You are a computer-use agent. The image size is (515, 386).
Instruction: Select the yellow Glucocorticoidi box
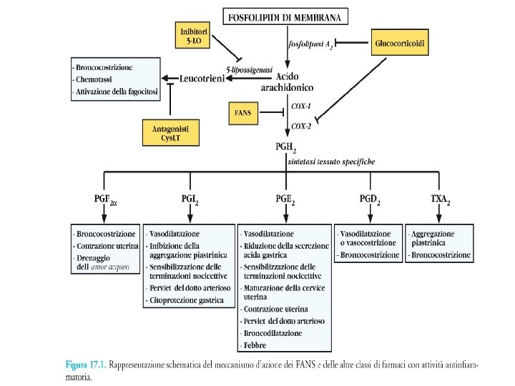click(401, 44)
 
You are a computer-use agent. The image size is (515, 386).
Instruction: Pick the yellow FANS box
click(243, 113)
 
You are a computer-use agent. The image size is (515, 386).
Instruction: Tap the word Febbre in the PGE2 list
click(255, 345)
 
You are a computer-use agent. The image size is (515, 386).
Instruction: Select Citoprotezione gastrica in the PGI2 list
click(181, 301)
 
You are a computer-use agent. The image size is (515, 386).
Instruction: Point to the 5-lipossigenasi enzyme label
click(248, 69)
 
